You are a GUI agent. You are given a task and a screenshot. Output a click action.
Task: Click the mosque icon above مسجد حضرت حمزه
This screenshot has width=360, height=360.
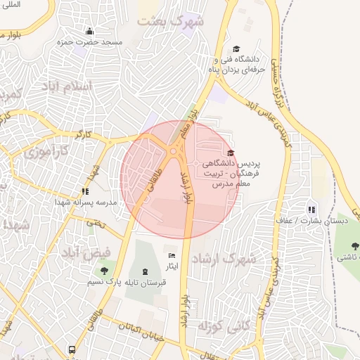[89, 31]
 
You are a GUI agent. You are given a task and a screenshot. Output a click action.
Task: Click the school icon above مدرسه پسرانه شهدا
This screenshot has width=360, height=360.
[86, 191]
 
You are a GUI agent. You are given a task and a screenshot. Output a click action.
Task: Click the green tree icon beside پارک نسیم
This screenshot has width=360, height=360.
[105, 271]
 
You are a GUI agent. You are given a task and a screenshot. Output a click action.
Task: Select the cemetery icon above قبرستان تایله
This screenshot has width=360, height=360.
[145, 271]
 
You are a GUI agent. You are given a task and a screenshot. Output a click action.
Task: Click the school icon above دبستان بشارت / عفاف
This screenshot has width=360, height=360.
[311, 209]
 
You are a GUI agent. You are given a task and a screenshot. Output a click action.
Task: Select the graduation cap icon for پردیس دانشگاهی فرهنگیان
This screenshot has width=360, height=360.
[231, 153]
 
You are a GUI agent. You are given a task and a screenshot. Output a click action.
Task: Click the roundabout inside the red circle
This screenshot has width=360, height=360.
[173, 150]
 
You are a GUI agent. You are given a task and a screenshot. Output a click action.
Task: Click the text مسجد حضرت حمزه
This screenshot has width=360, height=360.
[89, 42]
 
